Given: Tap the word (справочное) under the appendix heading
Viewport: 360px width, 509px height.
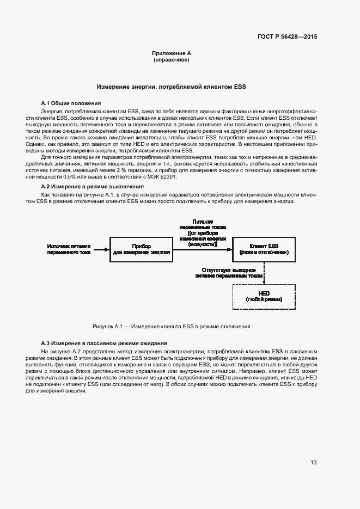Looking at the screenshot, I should [172, 60].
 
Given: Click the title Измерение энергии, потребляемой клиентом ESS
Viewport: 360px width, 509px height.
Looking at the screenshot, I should [172, 87].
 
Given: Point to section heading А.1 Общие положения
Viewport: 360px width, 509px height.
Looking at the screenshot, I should [71, 103].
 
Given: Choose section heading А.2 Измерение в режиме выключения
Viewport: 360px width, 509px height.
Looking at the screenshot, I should [93, 186].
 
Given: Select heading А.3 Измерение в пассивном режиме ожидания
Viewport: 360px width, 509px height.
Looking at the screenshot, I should [104, 343].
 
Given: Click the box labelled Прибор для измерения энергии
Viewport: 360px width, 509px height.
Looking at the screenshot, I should [141, 249].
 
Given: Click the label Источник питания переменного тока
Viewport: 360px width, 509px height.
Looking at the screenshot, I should [68, 249].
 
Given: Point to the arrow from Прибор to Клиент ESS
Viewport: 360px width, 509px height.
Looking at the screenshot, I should [202, 250].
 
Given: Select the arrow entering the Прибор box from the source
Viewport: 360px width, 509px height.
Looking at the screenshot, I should [101, 250].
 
